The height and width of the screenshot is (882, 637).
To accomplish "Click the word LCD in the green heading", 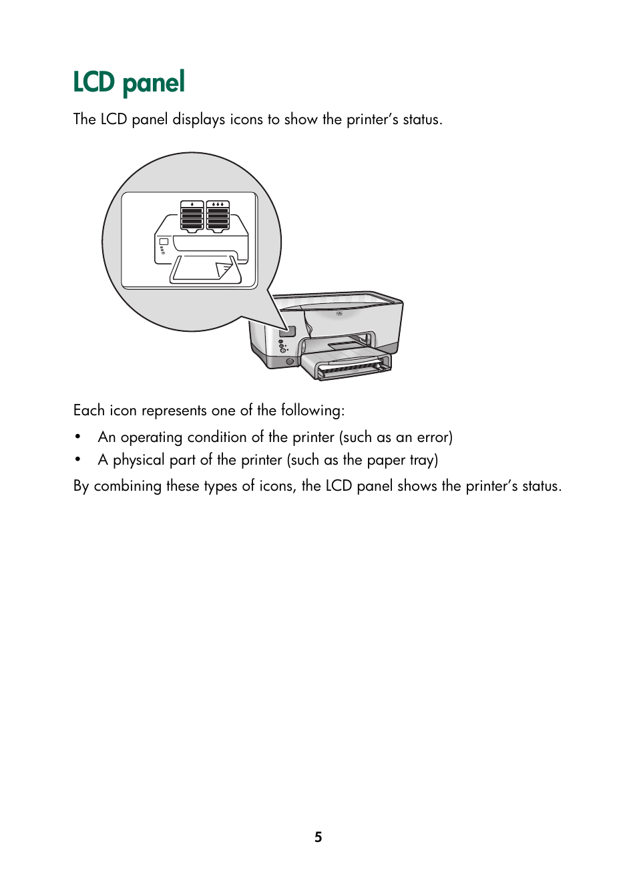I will pyautogui.click(x=93, y=83).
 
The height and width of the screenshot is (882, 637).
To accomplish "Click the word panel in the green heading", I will pyautogui.click(x=154, y=83).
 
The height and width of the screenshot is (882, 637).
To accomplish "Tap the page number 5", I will pyautogui.click(x=318, y=837).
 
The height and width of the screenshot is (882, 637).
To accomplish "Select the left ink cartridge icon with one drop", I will pyautogui.click(x=192, y=216).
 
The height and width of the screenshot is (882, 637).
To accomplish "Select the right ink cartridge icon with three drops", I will pyautogui.click(x=218, y=216).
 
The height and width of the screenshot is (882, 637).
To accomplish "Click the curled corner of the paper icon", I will pyautogui.click(x=224, y=270).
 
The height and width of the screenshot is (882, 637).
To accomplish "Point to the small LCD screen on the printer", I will pyautogui.click(x=288, y=330).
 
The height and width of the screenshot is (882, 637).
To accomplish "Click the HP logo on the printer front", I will pyautogui.click(x=339, y=313).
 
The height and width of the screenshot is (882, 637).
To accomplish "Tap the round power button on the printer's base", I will pyautogui.click(x=290, y=361).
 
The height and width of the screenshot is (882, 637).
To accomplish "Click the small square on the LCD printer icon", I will pyautogui.click(x=164, y=241).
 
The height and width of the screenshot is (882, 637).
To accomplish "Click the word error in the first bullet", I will pyautogui.click(x=433, y=437).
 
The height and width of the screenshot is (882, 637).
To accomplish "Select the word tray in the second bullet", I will pyautogui.click(x=421, y=460).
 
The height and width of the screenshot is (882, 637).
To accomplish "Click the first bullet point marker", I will pyautogui.click(x=78, y=437).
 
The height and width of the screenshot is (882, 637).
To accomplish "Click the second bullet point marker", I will pyautogui.click(x=78, y=460).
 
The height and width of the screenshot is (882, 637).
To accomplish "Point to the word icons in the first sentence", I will pyautogui.click(x=246, y=120).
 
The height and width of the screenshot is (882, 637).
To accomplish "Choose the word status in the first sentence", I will pyautogui.click(x=421, y=120).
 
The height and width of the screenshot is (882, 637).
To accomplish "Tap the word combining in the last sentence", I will pyautogui.click(x=128, y=486).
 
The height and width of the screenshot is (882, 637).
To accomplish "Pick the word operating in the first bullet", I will pyautogui.click(x=151, y=437).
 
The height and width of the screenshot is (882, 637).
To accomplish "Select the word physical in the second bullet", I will pyautogui.click(x=138, y=460).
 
